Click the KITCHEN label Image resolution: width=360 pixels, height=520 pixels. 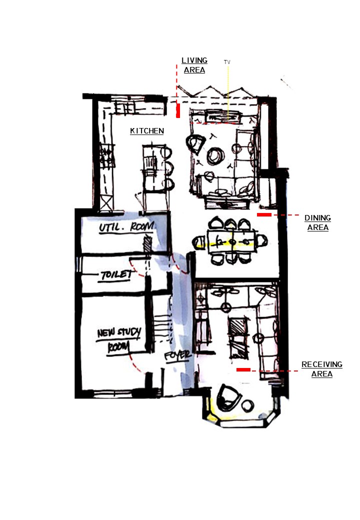tap(147, 131)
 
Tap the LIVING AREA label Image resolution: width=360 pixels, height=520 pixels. tap(194, 65)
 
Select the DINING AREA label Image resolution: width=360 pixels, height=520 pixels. tap(318, 222)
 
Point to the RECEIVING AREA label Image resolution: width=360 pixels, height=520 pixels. tap(322, 369)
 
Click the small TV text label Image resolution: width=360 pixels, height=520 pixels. tap(227, 62)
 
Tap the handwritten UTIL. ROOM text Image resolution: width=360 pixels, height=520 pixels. tap(127, 227)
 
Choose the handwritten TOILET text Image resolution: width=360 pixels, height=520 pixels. tap(116, 275)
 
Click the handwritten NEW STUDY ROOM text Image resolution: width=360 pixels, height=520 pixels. tap(118, 340)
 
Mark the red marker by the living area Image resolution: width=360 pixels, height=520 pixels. tap(178, 110)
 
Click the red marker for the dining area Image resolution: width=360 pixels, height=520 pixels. tap(264, 215)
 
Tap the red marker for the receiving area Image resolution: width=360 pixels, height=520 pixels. tap(243, 369)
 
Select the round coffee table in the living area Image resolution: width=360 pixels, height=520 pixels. tap(216, 156)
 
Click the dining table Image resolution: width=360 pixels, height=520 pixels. tap(232, 242)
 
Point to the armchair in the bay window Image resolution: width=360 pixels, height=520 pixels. tap(228, 397)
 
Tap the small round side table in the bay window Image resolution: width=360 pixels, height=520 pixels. tap(247, 405)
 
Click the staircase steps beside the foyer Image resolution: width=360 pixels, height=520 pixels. tap(162, 328)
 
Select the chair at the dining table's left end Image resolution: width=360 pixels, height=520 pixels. tap(200, 241)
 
